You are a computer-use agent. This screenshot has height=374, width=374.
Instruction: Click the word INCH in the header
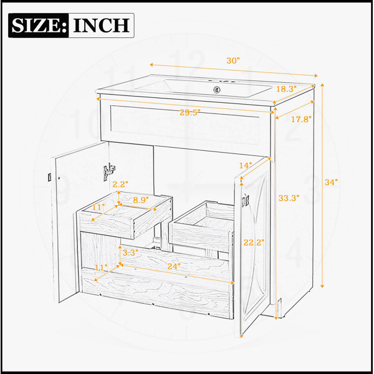click(102, 26)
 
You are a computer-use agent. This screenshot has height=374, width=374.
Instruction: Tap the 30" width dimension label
click(233, 60)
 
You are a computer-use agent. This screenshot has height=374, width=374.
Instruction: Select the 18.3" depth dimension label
click(286, 89)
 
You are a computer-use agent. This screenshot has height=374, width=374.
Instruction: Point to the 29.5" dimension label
click(190, 113)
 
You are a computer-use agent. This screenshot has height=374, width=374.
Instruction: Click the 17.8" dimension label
click(301, 119)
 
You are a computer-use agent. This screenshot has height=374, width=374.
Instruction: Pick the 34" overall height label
click(332, 182)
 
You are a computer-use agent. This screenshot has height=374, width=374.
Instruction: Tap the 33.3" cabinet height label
click(289, 198)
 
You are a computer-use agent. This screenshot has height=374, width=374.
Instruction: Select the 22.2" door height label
click(254, 242)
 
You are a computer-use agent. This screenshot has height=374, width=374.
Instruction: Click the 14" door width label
click(246, 166)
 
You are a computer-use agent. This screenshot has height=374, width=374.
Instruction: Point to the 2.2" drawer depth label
click(120, 184)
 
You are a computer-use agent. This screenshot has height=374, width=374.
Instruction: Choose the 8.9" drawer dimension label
click(141, 200)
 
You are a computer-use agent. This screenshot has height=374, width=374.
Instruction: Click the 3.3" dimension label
click(130, 253)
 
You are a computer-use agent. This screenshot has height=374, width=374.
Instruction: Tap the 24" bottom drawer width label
click(174, 266)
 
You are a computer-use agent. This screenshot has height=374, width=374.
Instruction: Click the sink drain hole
click(216, 90)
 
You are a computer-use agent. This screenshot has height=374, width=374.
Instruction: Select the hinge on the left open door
click(109, 172)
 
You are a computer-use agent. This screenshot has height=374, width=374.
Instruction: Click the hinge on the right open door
click(246, 201)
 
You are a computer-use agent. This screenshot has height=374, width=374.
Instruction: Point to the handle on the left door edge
click(49, 177)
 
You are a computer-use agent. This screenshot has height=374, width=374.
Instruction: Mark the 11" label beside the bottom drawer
click(102, 268)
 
